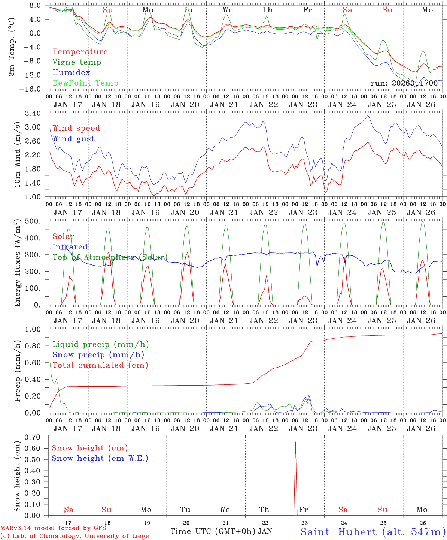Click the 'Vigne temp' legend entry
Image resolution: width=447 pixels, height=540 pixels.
pyautogui.click(x=77, y=62)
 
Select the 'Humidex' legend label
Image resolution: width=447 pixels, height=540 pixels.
pyautogui.click(x=71, y=73)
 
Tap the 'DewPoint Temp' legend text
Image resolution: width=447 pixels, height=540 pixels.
pyautogui.click(x=85, y=83)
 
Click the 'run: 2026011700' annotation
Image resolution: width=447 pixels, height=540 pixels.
pyautogui.click(x=404, y=83)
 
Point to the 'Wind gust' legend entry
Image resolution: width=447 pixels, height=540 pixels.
pyautogui.click(x=73, y=139)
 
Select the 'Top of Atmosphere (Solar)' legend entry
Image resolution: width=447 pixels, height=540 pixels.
pyautogui.click(x=110, y=257)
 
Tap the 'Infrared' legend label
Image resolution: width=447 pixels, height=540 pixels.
pyautogui.click(x=70, y=247)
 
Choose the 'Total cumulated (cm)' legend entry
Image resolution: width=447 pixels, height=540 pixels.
pyautogui.click(x=100, y=365)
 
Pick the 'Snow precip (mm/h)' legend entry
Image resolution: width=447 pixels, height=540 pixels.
pyautogui.click(x=98, y=355)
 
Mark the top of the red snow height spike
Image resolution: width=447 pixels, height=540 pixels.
pyautogui.click(x=295, y=442)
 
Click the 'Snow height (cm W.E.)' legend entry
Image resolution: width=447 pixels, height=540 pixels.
pyautogui.click(x=100, y=458)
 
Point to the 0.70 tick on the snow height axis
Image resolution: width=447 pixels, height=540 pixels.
pyautogui.click(x=36, y=437)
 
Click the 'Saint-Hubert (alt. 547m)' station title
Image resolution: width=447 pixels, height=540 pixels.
pyautogui.click(x=373, y=532)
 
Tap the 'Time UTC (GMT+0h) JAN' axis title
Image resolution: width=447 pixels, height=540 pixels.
pyautogui.click(x=221, y=531)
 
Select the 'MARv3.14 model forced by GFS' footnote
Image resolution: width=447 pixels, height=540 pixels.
pyautogui.click(x=54, y=528)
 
